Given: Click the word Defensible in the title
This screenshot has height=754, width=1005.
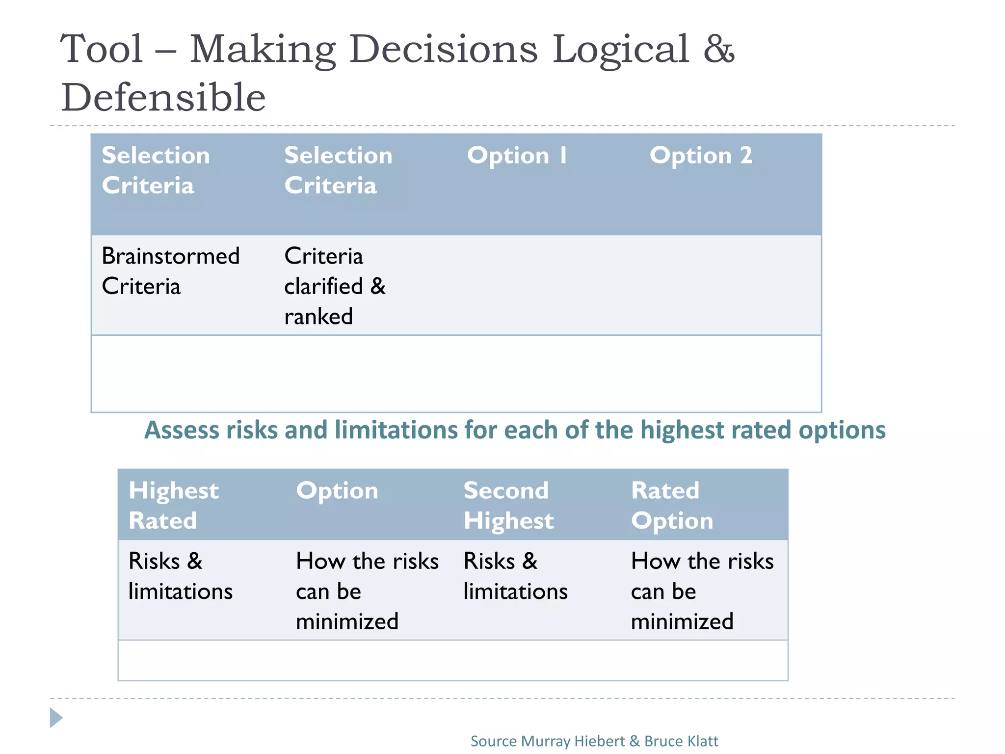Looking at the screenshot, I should click(x=163, y=97).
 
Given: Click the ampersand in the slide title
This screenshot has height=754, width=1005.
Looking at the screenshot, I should click(x=718, y=49).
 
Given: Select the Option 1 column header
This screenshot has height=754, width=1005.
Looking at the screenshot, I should click(x=517, y=156).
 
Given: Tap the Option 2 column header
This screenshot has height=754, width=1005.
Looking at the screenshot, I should click(x=700, y=156).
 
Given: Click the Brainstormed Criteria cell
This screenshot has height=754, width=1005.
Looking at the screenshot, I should click(x=170, y=271).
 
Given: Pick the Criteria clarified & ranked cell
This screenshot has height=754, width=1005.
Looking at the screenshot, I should click(x=335, y=286).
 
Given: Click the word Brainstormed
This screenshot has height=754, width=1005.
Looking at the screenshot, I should click(x=170, y=256).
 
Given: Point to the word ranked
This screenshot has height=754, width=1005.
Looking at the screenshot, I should click(x=318, y=317).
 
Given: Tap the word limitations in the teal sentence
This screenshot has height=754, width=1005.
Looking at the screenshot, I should click(x=397, y=430).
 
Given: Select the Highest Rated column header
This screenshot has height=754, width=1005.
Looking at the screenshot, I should click(x=173, y=505).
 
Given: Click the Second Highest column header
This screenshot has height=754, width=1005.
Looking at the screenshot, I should click(x=508, y=505).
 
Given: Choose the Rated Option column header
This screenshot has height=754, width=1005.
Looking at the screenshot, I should click(x=671, y=505).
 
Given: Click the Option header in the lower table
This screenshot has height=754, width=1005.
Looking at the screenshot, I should click(x=337, y=490).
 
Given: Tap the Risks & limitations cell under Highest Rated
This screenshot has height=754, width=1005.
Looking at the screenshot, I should click(x=180, y=576).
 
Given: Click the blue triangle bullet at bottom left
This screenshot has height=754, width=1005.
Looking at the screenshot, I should click(x=56, y=718).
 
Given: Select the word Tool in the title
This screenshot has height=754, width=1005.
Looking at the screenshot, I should click(x=102, y=49).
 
